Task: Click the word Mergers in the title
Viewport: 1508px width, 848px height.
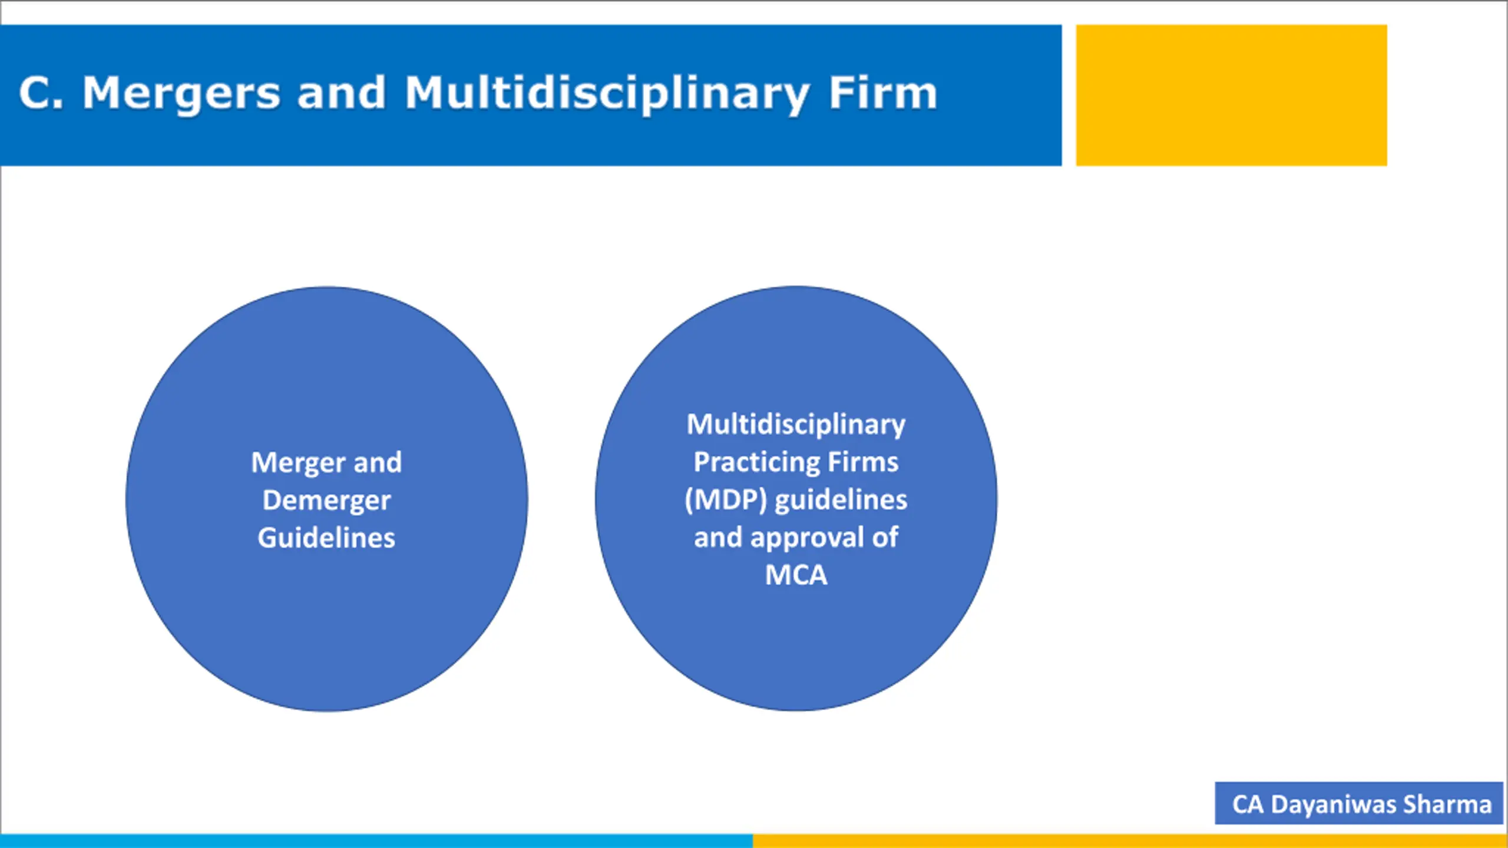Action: click(181, 94)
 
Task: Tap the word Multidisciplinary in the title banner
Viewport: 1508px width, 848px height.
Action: click(607, 94)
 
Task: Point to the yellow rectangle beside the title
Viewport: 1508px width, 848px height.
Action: click(1231, 95)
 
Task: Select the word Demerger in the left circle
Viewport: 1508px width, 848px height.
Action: click(326, 501)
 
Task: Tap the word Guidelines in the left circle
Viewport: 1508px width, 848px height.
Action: click(326, 538)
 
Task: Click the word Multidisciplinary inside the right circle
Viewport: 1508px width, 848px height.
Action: click(796, 425)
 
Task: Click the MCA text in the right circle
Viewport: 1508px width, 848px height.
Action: click(796, 575)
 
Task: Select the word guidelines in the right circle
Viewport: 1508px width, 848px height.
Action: click(841, 500)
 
